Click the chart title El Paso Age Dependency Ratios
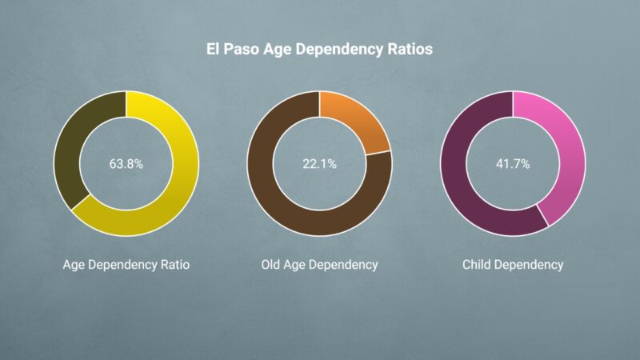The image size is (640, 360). pos(320,50)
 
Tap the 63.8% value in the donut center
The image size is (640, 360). pos(126,163)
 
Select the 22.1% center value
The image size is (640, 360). pos(319,163)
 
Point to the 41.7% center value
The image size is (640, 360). pos(513,163)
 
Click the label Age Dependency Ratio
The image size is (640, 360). pos(126,264)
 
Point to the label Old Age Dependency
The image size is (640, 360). pos(319,264)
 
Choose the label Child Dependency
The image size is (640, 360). pos(513,264)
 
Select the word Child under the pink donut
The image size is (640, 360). pos(478,264)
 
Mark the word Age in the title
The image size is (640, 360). pos(280,50)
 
